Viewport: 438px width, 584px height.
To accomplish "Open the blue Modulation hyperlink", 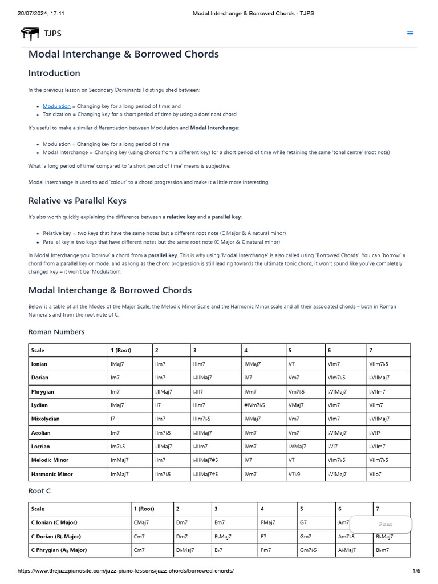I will pyautogui.click(x=56, y=106).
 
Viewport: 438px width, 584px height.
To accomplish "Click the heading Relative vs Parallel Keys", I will pyautogui.click(x=77, y=200).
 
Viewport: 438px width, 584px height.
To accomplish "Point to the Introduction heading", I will pyautogui.click(x=54, y=73).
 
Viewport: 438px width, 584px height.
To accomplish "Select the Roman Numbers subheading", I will pyautogui.click(x=56, y=332).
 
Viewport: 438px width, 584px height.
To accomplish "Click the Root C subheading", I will pyautogui.click(x=40, y=490).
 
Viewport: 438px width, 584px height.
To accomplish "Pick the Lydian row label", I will pyautogui.click(x=40, y=405).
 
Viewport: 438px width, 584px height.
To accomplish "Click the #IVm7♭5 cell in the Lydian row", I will pyautogui.click(x=254, y=405).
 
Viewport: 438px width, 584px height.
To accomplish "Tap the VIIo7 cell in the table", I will pyautogui.click(x=377, y=474).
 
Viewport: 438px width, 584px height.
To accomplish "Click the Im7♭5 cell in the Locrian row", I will pyautogui.click(x=119, y=447).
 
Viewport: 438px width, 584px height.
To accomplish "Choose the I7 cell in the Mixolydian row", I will pyautogui.click(x=113, y=419).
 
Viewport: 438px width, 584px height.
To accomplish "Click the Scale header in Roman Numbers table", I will pyautogui.click(x=38, y=351).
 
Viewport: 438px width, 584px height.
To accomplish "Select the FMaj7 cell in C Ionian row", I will pyautogui.click(x=267, y=522).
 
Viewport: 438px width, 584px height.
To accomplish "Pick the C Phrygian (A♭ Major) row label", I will pyautogui.click(x=59, y=550).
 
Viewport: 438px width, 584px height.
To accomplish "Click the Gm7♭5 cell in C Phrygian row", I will pyautogui.click(x=308, y=550).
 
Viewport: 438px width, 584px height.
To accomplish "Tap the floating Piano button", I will pyautogui.click(x=386, y=524).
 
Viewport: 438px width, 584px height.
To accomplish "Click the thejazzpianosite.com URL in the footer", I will pyautogui.click(x=125, y=571).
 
